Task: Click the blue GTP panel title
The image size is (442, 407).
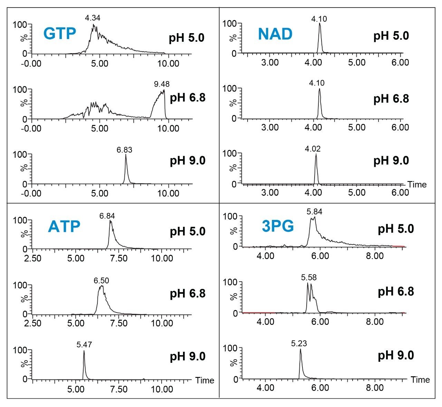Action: [59, 33]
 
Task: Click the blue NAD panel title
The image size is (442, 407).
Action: [275, 34]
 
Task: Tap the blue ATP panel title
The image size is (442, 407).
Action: [64, 226]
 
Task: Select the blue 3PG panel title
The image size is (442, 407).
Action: [278, 226]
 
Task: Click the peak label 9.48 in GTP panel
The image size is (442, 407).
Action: [162, 84]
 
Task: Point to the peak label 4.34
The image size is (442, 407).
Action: [93, 18]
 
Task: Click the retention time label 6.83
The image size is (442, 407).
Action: [124, 150]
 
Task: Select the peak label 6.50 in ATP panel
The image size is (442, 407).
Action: [101, 281]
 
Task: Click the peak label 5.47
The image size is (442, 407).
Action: [84, 345]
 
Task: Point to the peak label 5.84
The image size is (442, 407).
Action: [314, 212]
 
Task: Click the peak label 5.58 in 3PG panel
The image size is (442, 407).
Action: [309, 277]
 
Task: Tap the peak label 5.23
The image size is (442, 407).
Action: [299, 343]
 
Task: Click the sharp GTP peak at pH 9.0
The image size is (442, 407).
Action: [126, 166]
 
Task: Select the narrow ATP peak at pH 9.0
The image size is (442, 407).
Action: [84, 362]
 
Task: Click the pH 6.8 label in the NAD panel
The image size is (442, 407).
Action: [391, 99]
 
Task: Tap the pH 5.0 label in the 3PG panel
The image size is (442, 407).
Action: [396, 229]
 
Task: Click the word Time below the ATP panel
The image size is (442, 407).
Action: [205, 380]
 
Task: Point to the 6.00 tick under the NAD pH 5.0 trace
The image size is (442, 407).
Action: [401, 62]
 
